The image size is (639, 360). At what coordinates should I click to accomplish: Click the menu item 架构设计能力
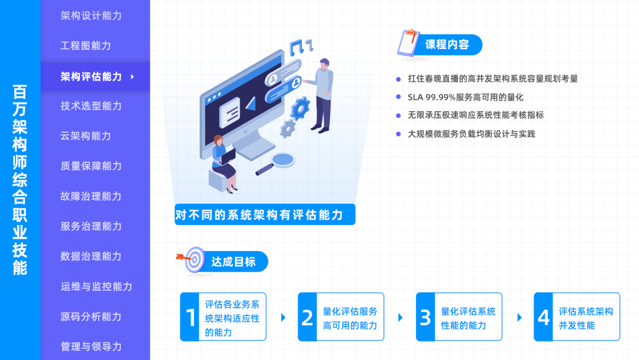(91, 16)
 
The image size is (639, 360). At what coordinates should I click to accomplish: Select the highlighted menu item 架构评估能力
(91, 76)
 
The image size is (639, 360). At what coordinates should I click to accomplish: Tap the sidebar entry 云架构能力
(86, 136)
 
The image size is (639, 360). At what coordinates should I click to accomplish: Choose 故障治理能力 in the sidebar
(91, 197)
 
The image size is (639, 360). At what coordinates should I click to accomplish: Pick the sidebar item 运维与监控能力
(96, 287)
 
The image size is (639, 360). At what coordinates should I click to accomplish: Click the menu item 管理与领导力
(91, 346)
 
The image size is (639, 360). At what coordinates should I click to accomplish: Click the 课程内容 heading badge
(447, 45)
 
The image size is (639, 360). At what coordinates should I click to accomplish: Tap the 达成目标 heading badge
(233, 262)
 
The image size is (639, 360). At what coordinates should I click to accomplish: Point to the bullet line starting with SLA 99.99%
(466, 97)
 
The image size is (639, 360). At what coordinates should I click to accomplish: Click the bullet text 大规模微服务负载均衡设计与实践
(471, 134)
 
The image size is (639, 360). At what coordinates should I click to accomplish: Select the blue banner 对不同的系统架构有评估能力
(264, 214)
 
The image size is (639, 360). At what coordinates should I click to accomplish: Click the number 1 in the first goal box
(191, 317)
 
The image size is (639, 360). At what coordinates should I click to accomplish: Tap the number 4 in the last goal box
(544, 317)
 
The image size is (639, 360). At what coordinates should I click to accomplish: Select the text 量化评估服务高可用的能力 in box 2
(350, 318)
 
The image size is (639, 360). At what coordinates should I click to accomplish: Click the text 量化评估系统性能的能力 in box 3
(468, 318)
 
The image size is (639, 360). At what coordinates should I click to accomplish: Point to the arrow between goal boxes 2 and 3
(401, 317)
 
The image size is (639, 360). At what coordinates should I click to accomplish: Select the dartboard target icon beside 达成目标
(193, 259)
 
